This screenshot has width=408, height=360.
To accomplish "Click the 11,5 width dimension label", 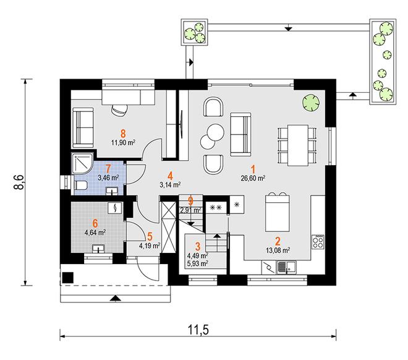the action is [198, 330].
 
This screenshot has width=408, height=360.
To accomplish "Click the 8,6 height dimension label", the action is [19, 182].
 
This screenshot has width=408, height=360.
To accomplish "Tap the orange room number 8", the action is [123, 134].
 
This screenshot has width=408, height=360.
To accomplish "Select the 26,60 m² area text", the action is [253, 178].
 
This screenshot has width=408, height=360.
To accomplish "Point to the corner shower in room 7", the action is [82, 163].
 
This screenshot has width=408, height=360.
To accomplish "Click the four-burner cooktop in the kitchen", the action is [318, 242].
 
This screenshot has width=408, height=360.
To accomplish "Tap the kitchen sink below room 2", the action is [286, 267].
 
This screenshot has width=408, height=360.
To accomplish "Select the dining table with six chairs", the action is [297, 145].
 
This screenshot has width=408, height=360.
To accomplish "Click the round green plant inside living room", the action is [311, 103].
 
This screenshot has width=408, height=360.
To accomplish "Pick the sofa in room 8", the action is [83, 128].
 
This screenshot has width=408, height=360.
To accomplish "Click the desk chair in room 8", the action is [120, 109].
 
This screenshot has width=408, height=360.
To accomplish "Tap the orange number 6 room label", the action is [95, 223].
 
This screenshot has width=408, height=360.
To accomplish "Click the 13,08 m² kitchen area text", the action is [278, 250].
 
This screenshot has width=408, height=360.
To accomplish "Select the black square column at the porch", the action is [68, 277].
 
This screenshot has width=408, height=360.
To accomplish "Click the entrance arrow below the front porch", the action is [115, 298].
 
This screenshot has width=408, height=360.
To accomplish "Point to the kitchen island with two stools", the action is [278, 212].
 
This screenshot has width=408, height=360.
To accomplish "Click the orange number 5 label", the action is [150, 237].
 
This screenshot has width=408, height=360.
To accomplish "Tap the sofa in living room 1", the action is [240, 134].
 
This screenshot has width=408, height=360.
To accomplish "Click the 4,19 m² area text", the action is [150, 246].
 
